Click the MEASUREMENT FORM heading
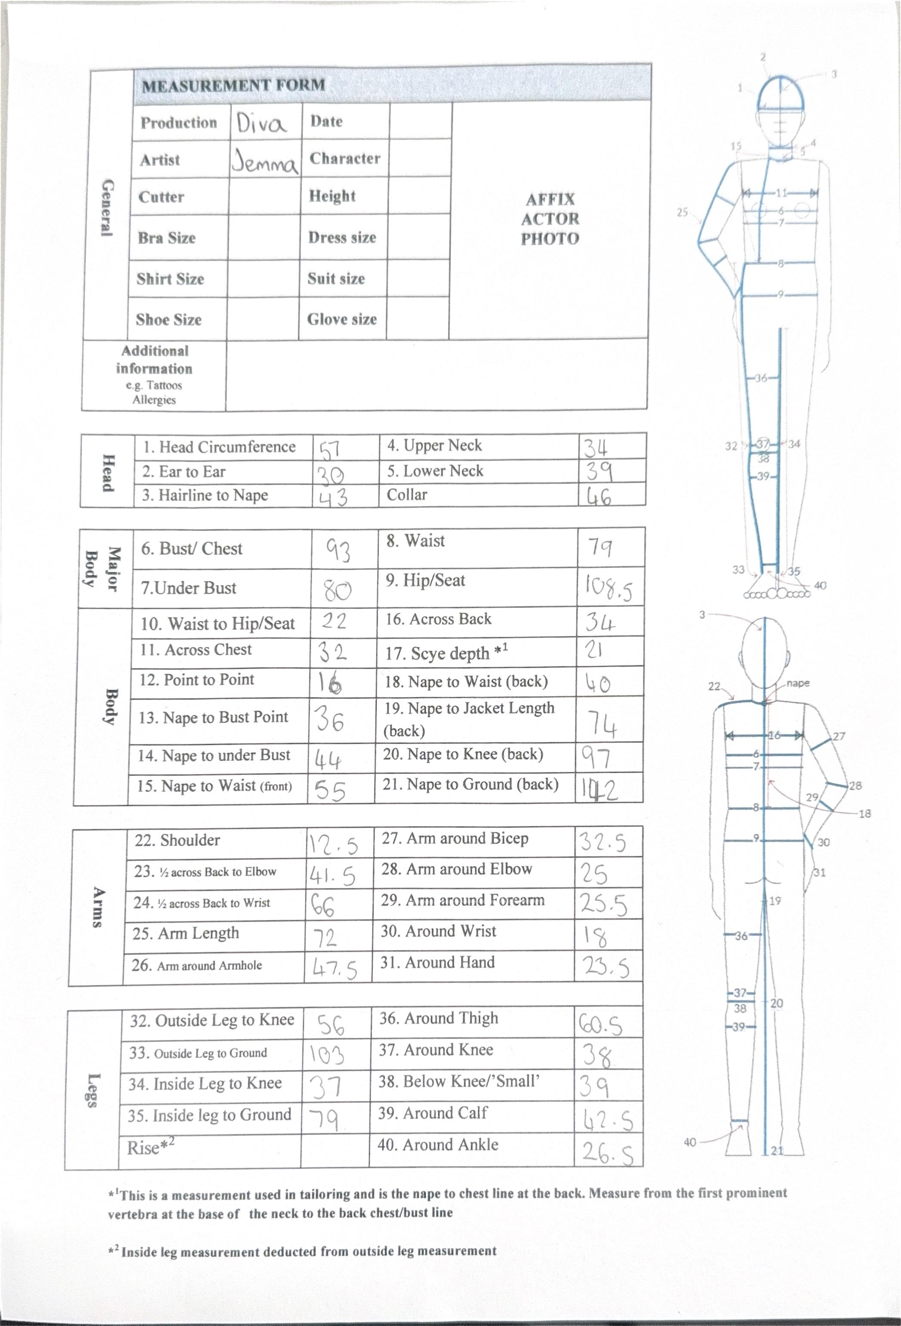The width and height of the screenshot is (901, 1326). pyautogui.click(x=234, y=86)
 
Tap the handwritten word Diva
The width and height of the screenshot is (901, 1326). pyautogui.click(x=261, y=123)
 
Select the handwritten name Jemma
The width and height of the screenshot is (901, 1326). pyautogui.click(x=265, y=162)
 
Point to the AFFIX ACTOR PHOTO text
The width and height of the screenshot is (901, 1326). pyautogui.click(x=550, y=219)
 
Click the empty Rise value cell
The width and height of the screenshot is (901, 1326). pyautogui.click(x=334, y=1148)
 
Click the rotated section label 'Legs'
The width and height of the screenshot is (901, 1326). pyautogui.click(x=93, y=1090)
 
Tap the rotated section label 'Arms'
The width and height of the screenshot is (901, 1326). pyautogui.click(x=98, y=907)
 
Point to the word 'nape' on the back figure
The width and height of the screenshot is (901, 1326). pyautogui.click(x=797, y=683)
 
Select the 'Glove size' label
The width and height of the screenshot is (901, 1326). pyautogui.click(x=342, y=319)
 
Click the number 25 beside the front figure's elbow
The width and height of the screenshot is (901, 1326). pyautogui.click(x=683, y=212)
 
